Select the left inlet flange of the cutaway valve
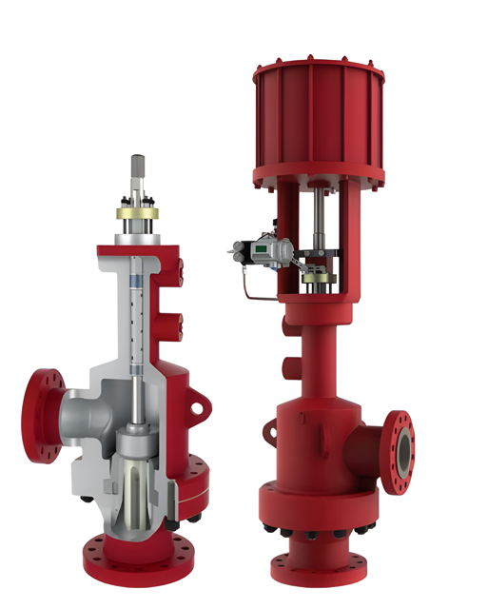(x=42, y=417)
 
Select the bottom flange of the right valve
(x=320, y=570)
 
